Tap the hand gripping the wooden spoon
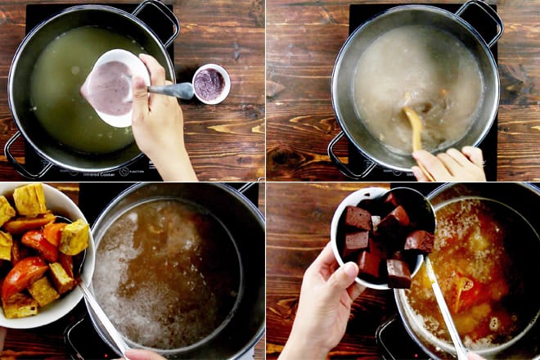450,164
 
